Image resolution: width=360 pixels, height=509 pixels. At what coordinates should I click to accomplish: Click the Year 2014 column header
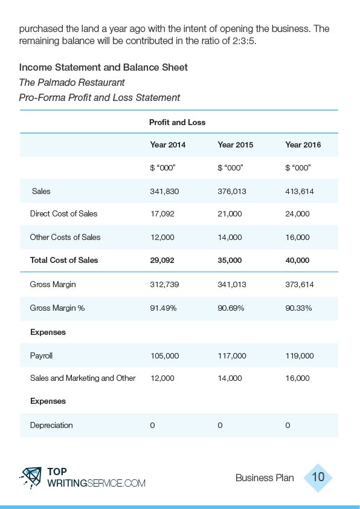point(168,144)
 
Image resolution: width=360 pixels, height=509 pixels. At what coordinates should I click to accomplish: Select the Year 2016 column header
point(303,144)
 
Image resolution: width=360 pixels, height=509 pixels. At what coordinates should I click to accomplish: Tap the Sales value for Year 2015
point(232,191)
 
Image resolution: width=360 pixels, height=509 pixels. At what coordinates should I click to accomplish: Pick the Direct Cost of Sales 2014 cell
point(162,213)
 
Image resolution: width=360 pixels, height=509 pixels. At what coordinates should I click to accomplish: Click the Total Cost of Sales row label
point(64,261)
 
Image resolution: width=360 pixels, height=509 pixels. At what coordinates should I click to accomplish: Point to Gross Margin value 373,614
point(300,285)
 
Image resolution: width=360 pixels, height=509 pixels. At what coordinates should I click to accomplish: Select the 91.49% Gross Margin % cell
point(163,308)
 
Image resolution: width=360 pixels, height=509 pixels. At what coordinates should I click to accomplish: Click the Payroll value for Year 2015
point(232,356)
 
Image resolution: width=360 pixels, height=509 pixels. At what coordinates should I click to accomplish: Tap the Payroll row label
point(41,356)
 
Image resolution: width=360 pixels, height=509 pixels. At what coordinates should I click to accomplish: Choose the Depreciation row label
point(51,425)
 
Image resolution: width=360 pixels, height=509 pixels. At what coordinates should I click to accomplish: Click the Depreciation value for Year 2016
point(288,426)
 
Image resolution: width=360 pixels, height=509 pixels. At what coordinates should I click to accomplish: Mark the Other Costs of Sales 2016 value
point(297,238)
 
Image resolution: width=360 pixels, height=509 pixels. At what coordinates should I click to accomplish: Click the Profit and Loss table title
point(177,122)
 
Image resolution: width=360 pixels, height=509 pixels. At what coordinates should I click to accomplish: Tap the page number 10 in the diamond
point(318,477)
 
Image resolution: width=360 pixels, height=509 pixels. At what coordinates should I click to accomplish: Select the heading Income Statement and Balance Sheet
point(103,67)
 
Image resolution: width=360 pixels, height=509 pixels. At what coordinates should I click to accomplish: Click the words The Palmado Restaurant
point(72,82)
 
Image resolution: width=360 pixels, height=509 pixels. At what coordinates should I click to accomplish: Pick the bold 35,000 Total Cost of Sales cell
point(230,261)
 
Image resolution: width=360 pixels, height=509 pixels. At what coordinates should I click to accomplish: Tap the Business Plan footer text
point(265,478)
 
